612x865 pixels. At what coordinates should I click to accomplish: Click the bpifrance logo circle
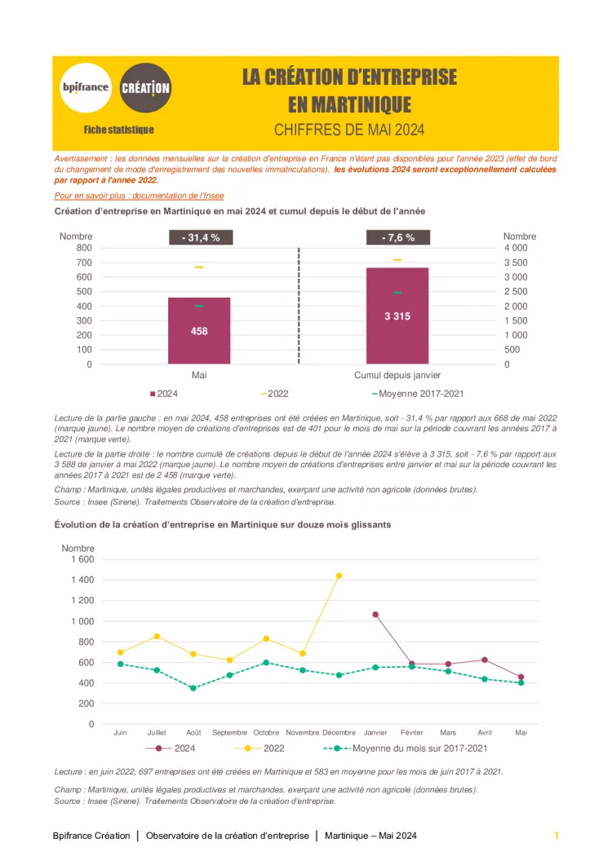pyautogui.click(x=85, y=87)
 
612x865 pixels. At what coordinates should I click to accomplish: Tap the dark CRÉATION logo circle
pyautogui.click(x=145, y=87)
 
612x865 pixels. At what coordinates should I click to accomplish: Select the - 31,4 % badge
pyautogui.click(x=200, y=238)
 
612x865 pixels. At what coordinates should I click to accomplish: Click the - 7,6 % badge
pyautogui.click(x=397, y=238)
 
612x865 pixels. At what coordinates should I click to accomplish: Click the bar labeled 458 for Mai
pyautogui.click(x=199, y=330)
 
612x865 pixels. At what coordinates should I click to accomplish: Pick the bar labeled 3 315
pyautogui.click(x=397, y=316)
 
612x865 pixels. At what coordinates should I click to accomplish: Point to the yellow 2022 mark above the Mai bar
pyautogui.click(x=199, y=267)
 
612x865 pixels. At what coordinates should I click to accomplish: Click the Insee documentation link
pyautogui.click(x=139, y=196)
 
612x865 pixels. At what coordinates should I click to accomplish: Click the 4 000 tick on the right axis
pyautogui.click(x=516, y=248)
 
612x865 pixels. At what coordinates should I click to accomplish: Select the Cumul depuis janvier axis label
pyautogui.click(x=397, y=375)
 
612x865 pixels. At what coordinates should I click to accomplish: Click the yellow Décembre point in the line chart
pyautogui.click(x=339, y=576)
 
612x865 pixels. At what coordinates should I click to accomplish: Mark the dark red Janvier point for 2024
pyautogui.click(x=375, y=614)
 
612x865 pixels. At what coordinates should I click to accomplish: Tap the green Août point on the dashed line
pyautogui.click(x=193, y=688)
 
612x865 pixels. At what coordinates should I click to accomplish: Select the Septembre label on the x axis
pyautogui.click(x=229, y=732)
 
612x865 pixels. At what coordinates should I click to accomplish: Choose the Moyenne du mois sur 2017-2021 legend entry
pyautogui.click(x=419, y=748)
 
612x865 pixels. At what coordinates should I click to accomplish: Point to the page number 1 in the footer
pyautogui.click(x=557, y=836)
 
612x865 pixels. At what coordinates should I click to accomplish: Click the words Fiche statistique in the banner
pyautogui.click(x=118, y=130)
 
